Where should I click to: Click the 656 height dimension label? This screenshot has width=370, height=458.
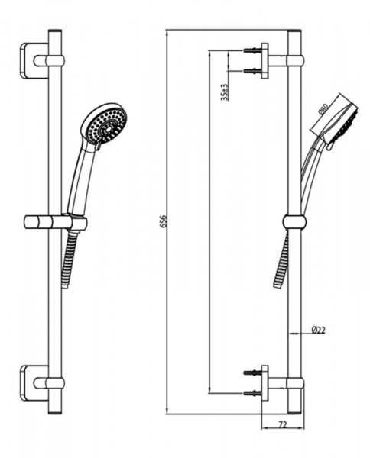click(x=164, y=221)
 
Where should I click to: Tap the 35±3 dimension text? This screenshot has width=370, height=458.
click(x=225, y=92)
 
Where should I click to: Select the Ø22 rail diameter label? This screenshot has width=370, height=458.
click(x=318, y=331)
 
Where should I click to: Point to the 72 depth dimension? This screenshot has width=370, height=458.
click(x=283, y=424)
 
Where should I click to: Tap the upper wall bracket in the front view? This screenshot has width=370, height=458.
click(x=34, y=61)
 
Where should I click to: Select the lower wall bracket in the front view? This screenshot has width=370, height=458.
click(x=34, y=382)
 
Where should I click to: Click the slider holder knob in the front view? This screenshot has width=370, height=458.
click(x=38, y=223)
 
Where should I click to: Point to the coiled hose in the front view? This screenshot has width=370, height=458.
click(x=70, y=260)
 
